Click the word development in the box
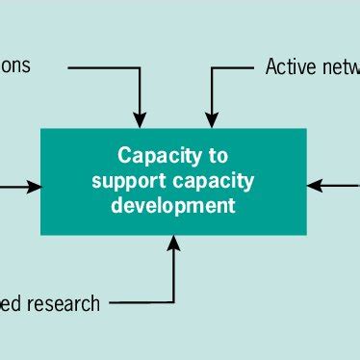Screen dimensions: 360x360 pos(173,205)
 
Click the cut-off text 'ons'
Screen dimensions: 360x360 pos(15,66)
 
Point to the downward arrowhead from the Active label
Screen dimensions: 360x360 pos(212,120)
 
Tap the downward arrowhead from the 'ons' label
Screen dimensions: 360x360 pos(140,120)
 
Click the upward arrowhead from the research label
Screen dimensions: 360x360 pos(174,244)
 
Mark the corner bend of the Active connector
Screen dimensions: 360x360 pos(212,67)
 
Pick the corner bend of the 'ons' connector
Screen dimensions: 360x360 pos(140,67)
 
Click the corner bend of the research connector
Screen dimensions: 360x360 pos(174,303)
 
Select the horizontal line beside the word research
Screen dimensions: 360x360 pos(140,303)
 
